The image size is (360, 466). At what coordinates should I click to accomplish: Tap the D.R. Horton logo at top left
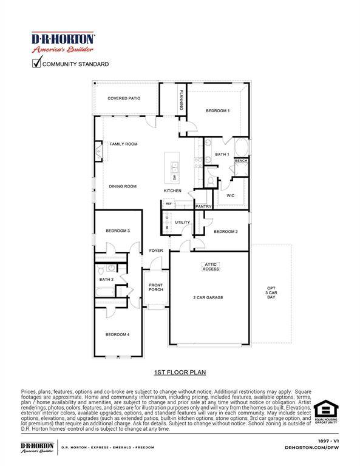coord(63,42)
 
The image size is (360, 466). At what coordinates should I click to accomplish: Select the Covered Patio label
coord(124,98)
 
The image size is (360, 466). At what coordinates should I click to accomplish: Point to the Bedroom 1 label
coord(217,110)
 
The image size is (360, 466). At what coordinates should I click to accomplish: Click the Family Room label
coord(123,144)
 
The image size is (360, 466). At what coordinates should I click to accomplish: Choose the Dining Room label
coord(123,186)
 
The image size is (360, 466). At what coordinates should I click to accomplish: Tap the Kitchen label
coord(172,191)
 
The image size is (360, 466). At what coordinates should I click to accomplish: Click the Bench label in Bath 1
coord(240,161)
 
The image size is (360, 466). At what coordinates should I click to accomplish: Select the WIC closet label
coord(230,195)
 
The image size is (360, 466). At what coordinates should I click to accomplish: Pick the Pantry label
coord(203,207)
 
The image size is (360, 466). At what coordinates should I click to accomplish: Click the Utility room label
coord(183,222)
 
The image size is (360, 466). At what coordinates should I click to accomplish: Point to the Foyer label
coord(157,251)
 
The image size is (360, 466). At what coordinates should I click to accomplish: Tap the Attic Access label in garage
coord(211,266)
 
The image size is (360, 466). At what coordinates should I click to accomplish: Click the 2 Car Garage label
coord(208,297)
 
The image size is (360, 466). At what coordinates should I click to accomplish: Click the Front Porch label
coord(156,287)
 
